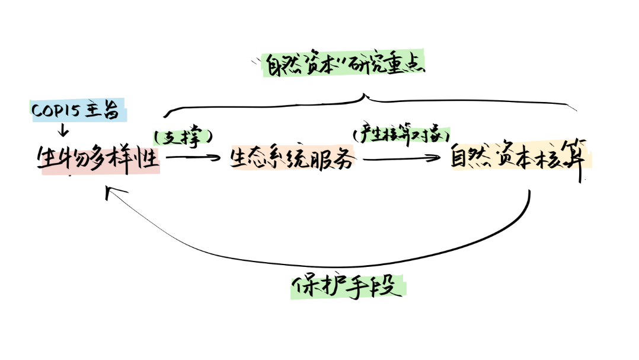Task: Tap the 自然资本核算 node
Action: pos(519,158)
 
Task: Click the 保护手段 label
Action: pos(349,287)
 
